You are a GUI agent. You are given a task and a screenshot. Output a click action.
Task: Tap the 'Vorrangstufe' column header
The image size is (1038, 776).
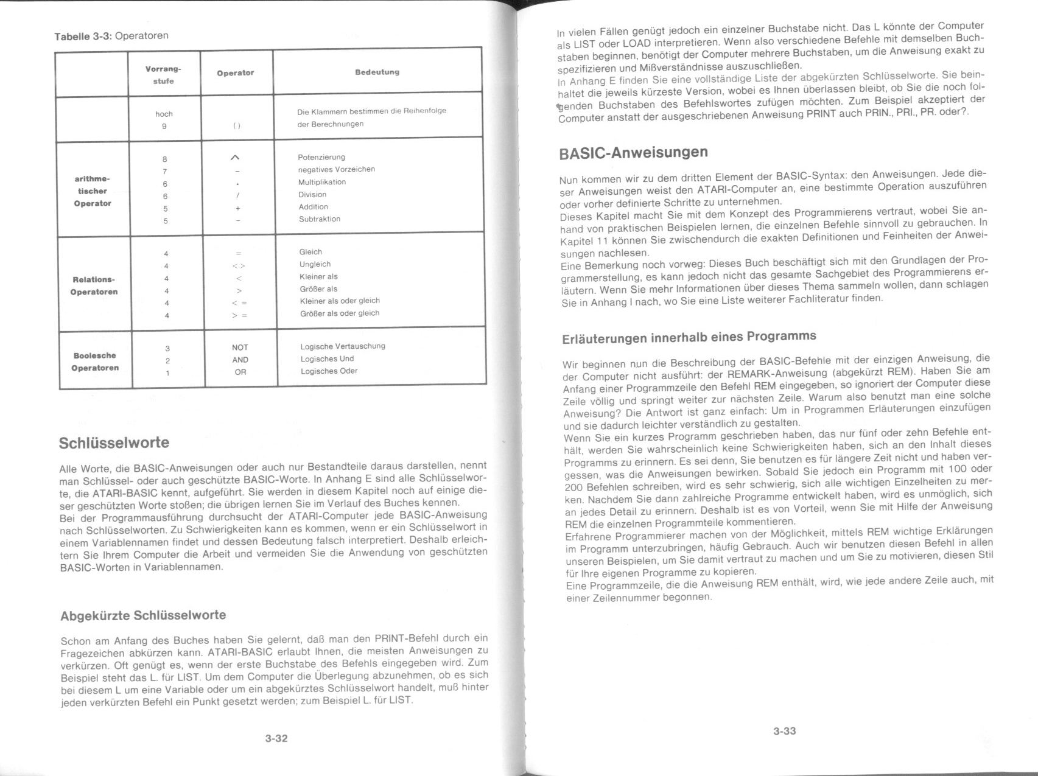(x=163, y=75)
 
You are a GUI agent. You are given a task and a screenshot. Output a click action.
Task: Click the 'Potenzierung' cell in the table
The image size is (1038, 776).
(x=321, y=157)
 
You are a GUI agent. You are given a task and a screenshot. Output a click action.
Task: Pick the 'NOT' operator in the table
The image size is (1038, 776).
(x=240, y=348)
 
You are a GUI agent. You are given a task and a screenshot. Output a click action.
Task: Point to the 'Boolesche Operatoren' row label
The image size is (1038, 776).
(x=95, y=362)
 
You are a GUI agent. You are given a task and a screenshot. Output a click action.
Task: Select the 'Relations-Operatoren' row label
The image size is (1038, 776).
(x=94, y=285)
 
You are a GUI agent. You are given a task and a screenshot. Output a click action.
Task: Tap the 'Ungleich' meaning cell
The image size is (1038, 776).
(x=315, y=264)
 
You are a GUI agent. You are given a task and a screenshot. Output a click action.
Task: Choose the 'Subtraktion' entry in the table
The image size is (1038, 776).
(x=319, y=219)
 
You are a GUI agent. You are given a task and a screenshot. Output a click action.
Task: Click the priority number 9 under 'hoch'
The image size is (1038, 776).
(x=164, y=126)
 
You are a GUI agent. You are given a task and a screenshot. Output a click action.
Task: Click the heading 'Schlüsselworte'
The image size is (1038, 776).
(x=114, y=443)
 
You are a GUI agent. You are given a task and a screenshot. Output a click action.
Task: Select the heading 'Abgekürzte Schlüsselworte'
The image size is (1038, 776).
(x=143, y=615)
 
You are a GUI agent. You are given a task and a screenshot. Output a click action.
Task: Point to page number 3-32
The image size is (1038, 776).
(x=276, y=738)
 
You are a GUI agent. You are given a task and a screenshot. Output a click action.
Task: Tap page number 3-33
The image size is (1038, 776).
(x=784, y=731)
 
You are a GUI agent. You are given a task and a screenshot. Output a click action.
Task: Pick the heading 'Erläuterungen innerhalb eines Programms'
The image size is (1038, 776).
(x=689, y=337)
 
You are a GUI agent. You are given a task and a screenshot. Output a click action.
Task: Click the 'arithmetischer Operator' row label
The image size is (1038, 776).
(x=93, y=191)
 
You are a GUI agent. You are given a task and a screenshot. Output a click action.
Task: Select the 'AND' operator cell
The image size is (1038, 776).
(x=240, y=360)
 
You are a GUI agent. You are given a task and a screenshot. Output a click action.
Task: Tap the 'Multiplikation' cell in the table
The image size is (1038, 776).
(x=321, y=182)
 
